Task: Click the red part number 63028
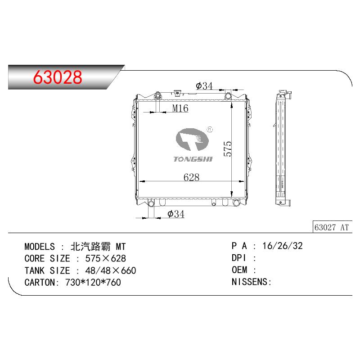click(58, 77)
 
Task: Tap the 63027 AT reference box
click(332, 227)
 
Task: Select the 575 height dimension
click(228, 149)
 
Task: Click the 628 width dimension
click(192, 177)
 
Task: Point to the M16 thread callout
click(180, 108)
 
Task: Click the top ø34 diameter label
click(204, 86)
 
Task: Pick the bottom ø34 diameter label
click(176, 214)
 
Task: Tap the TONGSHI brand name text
click(193, 159)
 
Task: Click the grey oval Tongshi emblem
click(192, 139)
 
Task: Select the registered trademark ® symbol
click(210, 130)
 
